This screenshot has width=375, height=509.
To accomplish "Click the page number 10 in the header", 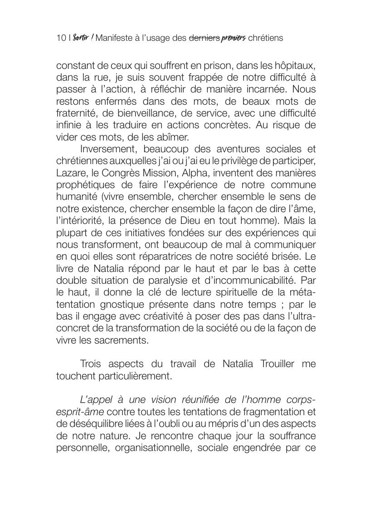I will (61, 38).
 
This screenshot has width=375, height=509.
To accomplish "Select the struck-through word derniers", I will (204, 38).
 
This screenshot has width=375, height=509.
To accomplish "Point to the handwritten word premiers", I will (234, 39).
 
